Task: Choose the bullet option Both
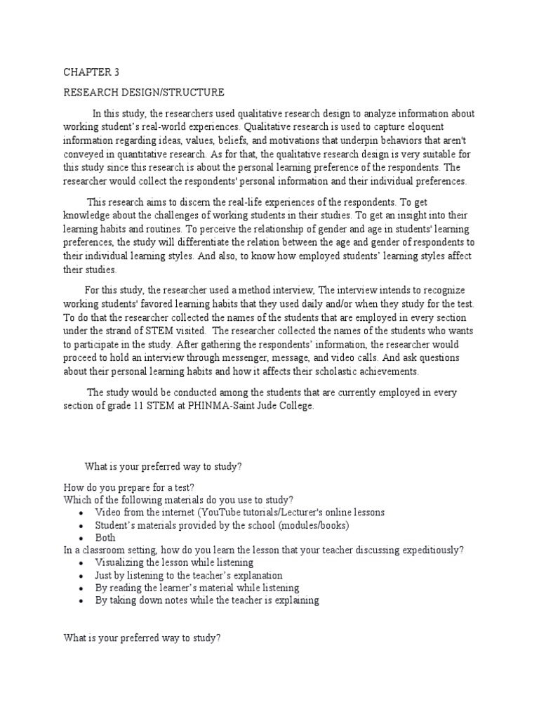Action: point(106,538)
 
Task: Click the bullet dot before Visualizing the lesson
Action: point(83,563)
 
